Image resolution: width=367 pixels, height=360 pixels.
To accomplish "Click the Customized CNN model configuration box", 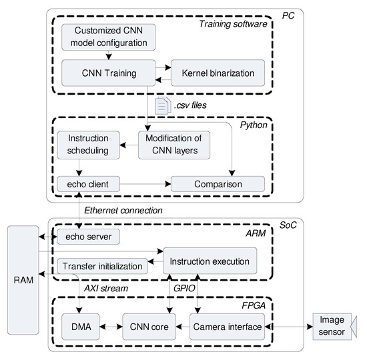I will [x=108, y=37].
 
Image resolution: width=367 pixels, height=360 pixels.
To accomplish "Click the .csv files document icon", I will [x=161, y=105].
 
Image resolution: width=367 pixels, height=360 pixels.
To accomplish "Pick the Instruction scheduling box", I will [x=88, y=145].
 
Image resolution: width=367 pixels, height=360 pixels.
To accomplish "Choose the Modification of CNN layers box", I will [x=174, y=145].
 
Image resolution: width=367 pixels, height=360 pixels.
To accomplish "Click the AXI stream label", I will [x=106, y=289].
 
